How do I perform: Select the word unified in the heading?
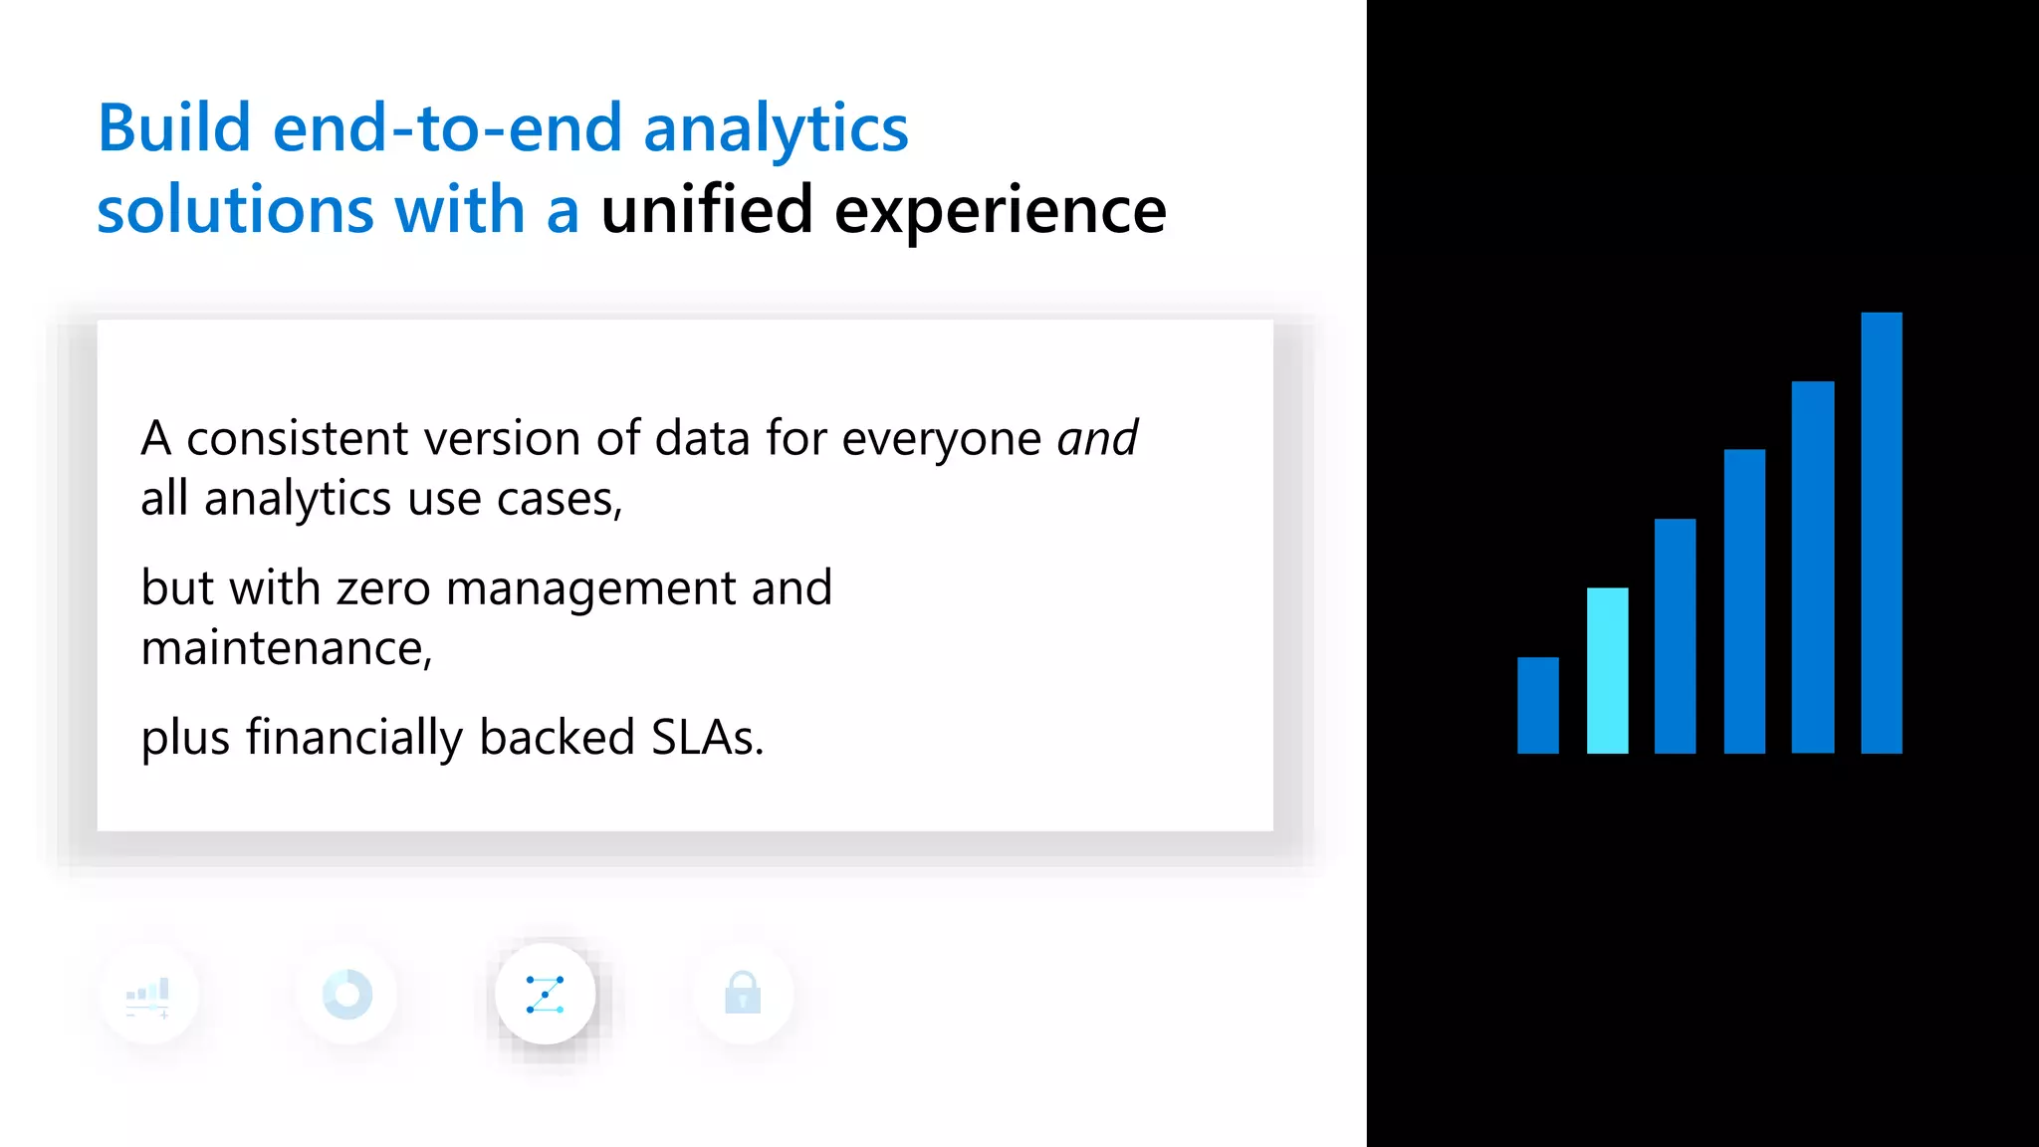(x=707, y=210)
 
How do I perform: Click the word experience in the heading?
(x=1000, y=212)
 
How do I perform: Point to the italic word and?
(x=1097, y=438)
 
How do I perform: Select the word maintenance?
(x=285, y=648)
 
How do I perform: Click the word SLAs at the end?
(x=706, y=738)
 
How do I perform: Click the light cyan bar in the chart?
(x=1607, y=670)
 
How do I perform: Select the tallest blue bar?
(x=1881, y=533)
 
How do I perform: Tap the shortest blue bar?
(x=1537, y=705)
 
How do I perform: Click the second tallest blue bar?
(x=1812, y=567)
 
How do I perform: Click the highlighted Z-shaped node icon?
(x=546, y=994)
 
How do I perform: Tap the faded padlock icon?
(x=743, y=994)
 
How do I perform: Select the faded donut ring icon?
(x=347, y=994)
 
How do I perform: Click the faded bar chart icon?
(x=149, y=995)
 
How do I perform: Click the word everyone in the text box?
(x=941, y=439)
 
